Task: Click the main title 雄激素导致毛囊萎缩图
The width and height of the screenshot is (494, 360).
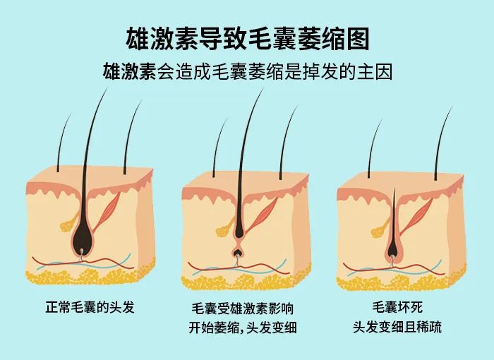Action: click(x=247, y=38)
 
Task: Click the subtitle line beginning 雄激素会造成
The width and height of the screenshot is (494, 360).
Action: click(x=248, y=72)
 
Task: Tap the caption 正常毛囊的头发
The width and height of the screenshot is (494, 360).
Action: click(x=90, y=307)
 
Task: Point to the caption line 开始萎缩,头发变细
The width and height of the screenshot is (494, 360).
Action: click(x=243, y=328)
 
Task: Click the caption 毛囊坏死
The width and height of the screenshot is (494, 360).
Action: click(x=397, y=307)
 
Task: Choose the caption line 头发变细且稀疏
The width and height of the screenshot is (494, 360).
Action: click(x=397, y=327)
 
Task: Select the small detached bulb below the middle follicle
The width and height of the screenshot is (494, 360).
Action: click(x=237, y=252)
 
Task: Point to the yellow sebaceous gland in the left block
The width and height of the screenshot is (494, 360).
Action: click(x=68, y=223)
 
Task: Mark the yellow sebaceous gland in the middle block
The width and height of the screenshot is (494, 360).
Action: click(x=224, y=229)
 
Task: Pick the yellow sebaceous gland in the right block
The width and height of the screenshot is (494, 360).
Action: click(x=380, y=229)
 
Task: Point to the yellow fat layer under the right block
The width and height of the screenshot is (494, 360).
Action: click(x=401, y=280)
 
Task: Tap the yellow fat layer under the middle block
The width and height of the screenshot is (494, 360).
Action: click(x=246, y=280)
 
